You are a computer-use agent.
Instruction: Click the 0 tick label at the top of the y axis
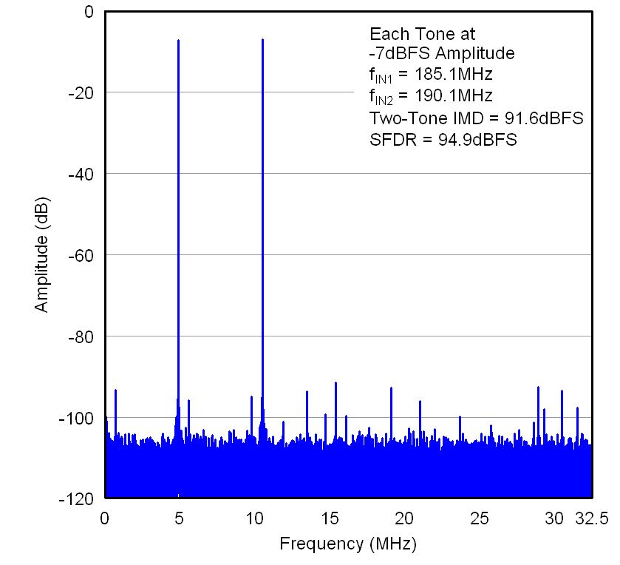pyautogui.click(x=89, y=12)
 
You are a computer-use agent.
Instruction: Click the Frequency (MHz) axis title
pyautogui.click(x=347, y=545)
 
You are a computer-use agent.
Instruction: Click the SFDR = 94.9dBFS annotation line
pyautogui.click(x=443, y=138)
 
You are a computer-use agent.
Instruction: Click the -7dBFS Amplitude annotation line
pyautogui.click(x=442, y=53)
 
